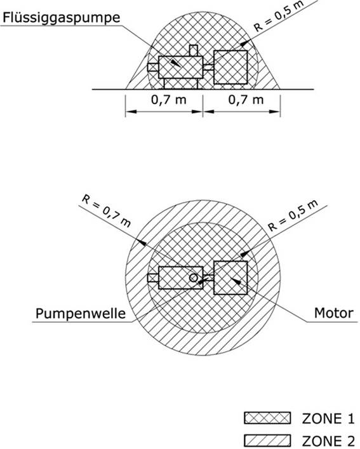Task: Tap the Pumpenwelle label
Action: point(81,314)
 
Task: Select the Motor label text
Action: point(334,313)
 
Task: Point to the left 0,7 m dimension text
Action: point(168,100)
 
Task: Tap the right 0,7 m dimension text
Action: point(246,100)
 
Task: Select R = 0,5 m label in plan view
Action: point(293,215)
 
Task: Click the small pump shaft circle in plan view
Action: point(194,278)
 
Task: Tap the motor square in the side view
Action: point(230,67)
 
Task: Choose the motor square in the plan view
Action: point(230,278)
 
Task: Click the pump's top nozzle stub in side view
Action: point(194,50)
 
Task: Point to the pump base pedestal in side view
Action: point(181,84)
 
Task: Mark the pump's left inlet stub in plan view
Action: point(153,278)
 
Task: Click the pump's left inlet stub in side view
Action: point(153,67)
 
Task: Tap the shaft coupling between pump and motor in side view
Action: point(208,67)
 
